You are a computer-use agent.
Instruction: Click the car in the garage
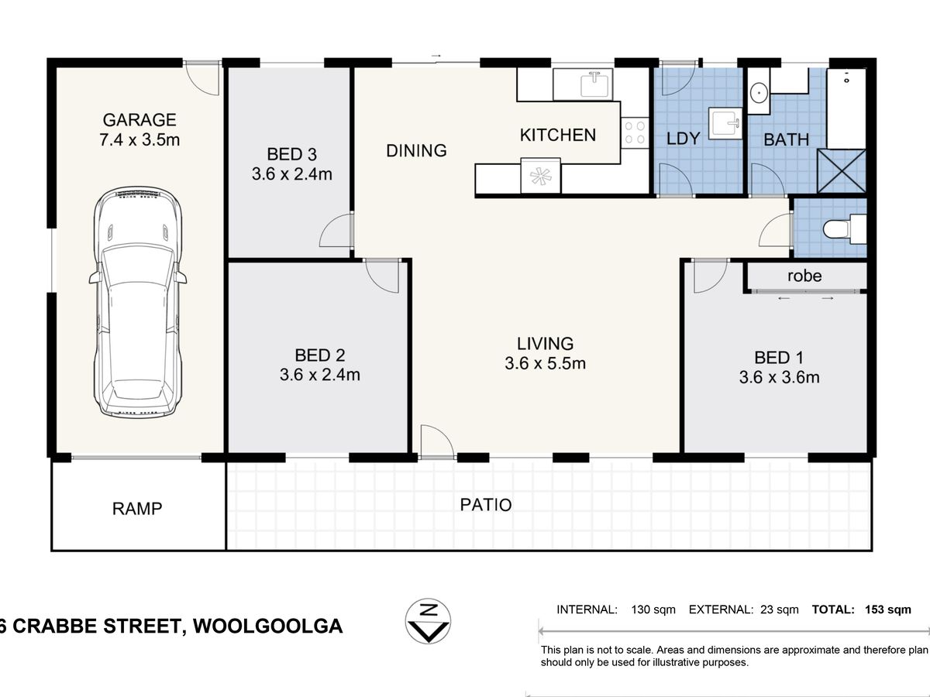[x=138, y=301]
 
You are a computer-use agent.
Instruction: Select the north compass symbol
[x=428, y=621]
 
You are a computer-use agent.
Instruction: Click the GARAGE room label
[x=139, y=120]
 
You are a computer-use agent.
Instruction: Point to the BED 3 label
[x=292, y=154]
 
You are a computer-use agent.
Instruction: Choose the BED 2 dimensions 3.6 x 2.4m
[x=320, y=375]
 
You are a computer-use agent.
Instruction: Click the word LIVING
[x=546, y=343]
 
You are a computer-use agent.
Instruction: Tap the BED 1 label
[x=779, y=358]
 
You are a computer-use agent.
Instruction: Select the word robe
[x=804, y=276]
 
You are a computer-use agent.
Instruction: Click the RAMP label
[x=137, y=508]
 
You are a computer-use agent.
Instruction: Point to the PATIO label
[x=486, y=504]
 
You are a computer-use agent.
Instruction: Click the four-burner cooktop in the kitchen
[x=635, y=132]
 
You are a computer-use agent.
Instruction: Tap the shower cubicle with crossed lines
[x=841, y=171]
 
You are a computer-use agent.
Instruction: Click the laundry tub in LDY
[x=725, y=123]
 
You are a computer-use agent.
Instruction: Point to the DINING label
[x=416, y=151]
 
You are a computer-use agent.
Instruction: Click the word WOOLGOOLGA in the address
[x=268, y=626]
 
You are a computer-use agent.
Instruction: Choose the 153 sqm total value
[x=888, y=609]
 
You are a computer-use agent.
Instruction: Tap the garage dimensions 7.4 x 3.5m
[x=139, y=139]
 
